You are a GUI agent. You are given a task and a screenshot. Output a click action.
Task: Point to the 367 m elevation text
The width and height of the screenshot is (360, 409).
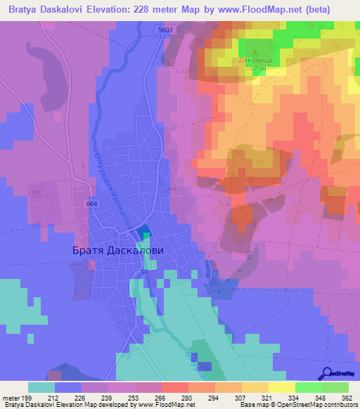255,69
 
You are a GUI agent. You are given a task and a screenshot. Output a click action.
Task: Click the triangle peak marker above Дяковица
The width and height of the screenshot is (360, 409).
254,52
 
